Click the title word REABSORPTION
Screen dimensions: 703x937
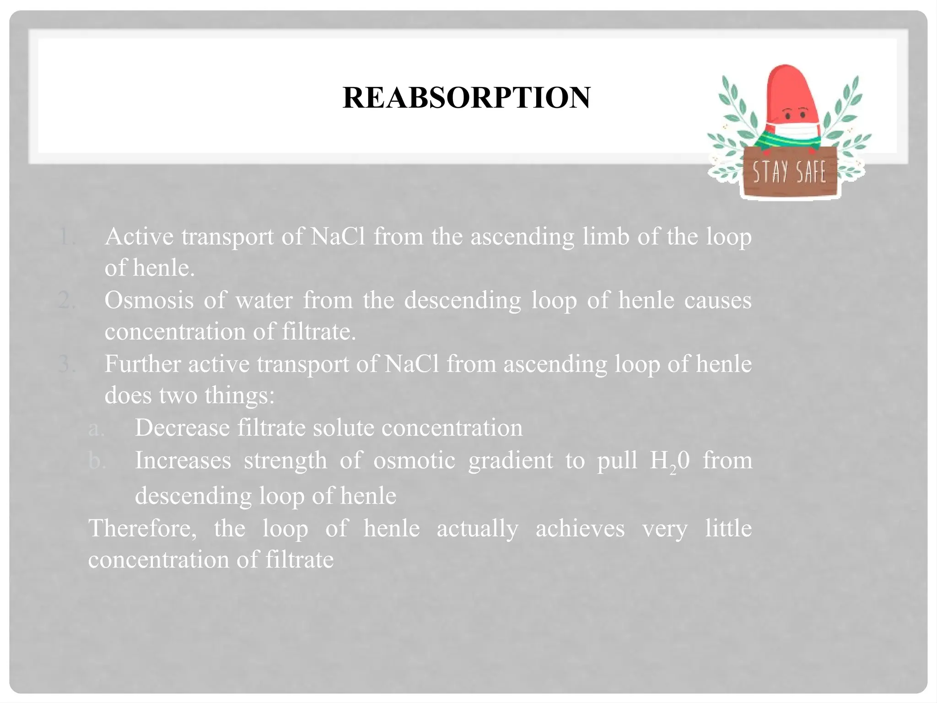point(466,98)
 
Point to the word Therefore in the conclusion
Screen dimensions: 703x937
point(142,528)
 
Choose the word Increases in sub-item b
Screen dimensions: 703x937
point(183,460)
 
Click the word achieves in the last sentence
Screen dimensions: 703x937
point(580,529)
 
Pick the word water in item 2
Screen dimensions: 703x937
point(264,301)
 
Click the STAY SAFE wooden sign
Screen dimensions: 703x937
point(789,173)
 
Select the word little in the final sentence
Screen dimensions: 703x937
point(728,528)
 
